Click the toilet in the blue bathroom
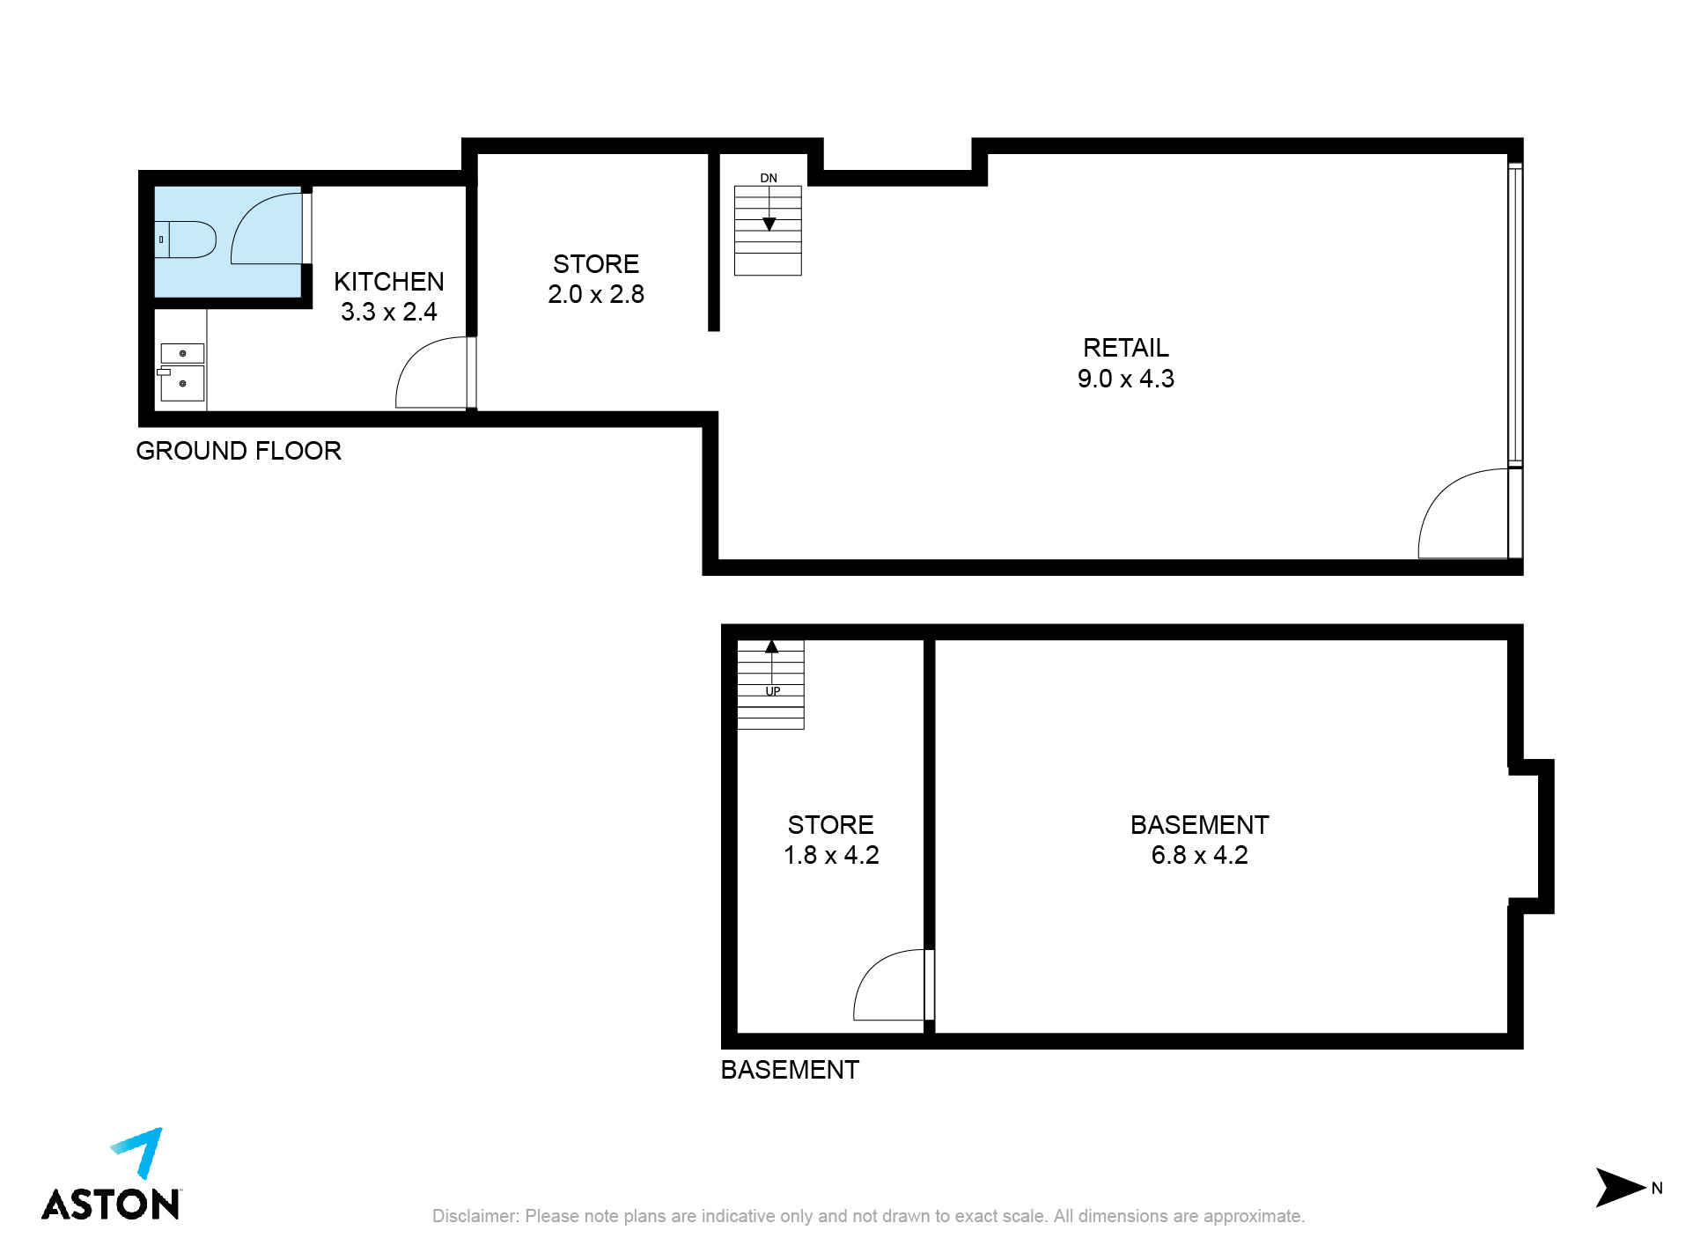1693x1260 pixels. tap(186, 239)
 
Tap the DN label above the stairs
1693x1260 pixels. tap(769, 178)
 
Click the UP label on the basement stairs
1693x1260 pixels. tap(772, 691)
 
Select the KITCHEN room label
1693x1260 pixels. tap(388, 282)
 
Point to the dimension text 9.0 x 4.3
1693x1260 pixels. tap(1125, 379)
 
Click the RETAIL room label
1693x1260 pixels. tap(1126, 348)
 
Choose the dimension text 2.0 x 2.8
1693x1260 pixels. tap(596, 294)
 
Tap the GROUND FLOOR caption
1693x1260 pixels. tap(239, 451)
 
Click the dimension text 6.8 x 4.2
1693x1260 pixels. tap(1199, 855)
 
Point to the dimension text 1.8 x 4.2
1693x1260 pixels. tap(831, 855)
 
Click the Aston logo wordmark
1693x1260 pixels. tap(111, 1204)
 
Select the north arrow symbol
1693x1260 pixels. tap(1620, 1188)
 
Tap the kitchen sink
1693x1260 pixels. tap(182, 372)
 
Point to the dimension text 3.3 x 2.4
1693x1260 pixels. tap(388, 312)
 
